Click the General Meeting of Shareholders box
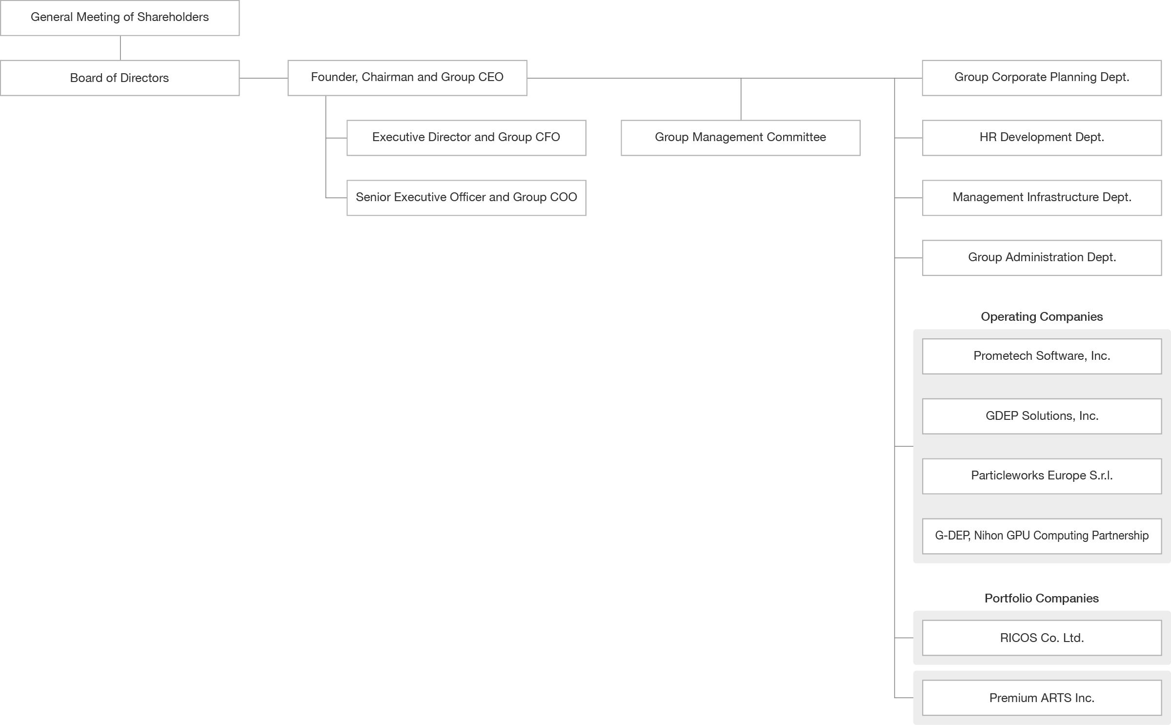(x=120, y=18)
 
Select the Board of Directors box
(x=120, y=78)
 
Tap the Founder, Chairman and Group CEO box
(x=407, y=78)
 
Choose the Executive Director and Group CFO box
(x=466, y=138)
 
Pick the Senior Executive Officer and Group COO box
(x=466, y=198)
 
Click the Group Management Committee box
(x=741, y=138)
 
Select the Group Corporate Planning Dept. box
(x=1042, y=78)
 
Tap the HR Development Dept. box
(x=1042, y=138)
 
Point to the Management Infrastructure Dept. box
(x=1042, y=198)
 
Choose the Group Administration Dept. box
(x=1042, y=258)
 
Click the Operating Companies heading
(x=1042, y=317)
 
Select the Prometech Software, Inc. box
(x=1042, y=356)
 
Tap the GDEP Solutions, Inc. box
(x=1042, y=416)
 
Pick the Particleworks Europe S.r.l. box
(x=1042, y=476)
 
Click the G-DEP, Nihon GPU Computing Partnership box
(x=1042, y=536)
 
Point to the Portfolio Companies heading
(x=1042, y=599)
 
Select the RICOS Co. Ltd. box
(x=1042, y=638)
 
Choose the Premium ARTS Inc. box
(x=1042, y=698)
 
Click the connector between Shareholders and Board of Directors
(x=120, y=48)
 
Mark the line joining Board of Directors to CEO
(x=263, y=78)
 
